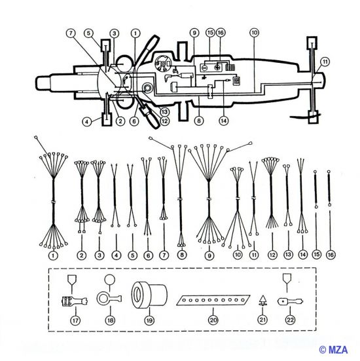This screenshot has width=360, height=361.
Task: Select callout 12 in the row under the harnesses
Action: pyautogui.click(x=270, y=255)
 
